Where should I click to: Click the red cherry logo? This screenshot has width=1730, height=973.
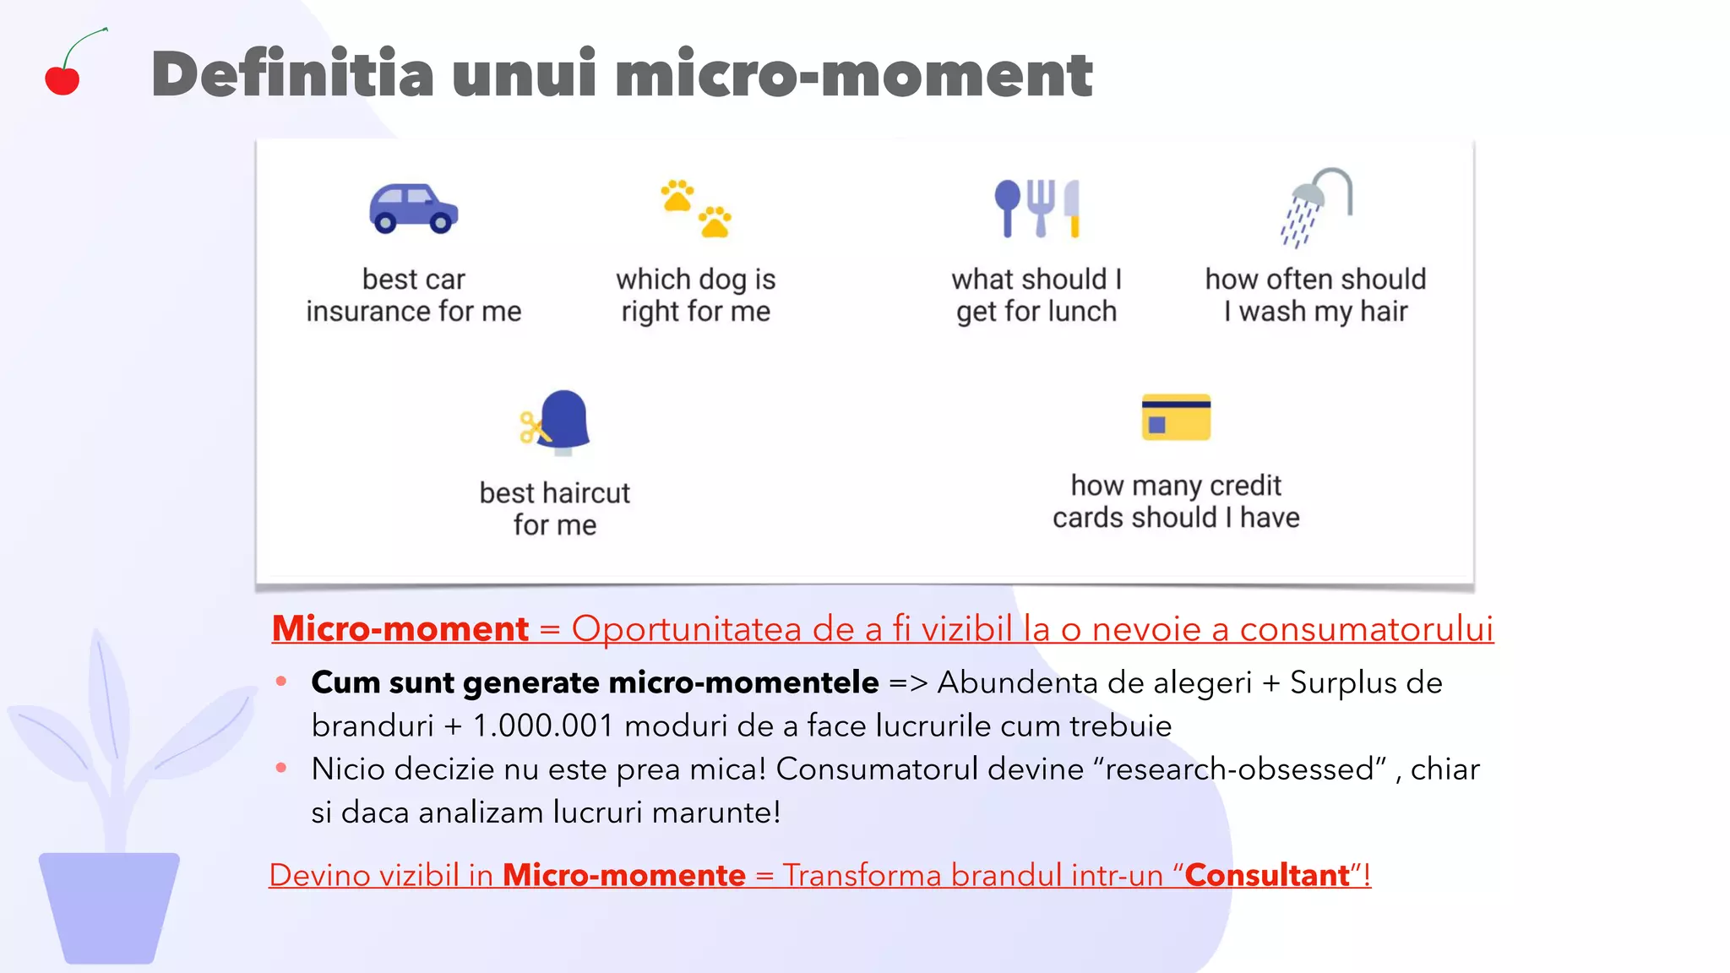point(63,79)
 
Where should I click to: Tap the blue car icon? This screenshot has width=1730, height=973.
point(413,209)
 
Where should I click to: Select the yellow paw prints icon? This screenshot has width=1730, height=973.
point(696,209)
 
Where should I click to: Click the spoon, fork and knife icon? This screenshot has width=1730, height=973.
point(1036,209)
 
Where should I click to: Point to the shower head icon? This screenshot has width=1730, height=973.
point(1316,207)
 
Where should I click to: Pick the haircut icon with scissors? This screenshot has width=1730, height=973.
point(556,422)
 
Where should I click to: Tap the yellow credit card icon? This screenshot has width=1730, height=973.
point(1176,417)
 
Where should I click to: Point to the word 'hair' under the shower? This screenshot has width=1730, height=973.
point(1384,312)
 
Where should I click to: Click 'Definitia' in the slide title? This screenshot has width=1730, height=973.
point(292,74)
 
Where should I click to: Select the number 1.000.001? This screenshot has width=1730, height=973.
point(542,726)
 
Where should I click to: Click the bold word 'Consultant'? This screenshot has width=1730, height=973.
point(1267,876)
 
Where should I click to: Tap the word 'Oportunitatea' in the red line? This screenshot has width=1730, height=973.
point(686,629)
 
